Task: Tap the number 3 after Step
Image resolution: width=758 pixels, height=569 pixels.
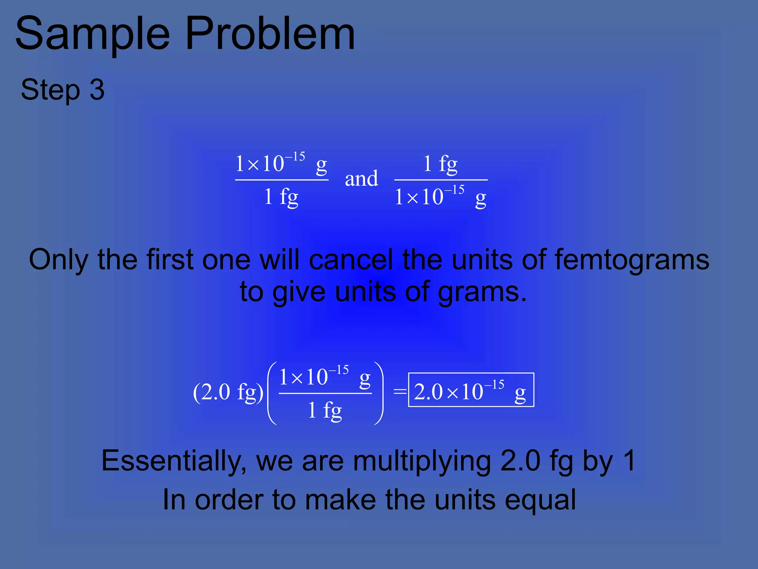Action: pyautogui.click(x=97, y=90)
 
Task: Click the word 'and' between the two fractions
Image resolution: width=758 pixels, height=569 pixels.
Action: pyautogui.click(x=361, y=179)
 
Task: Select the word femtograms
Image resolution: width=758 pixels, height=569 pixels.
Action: pyautogui.click(x=632, y=260)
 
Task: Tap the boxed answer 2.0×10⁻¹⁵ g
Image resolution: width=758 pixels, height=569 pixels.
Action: pyautogui.click(x=471, y=390)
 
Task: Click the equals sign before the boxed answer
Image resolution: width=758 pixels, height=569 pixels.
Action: pyautogui.click(x=400, y=391)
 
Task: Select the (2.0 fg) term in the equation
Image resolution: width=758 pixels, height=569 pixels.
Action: pyautogui.click(x=228, y=392)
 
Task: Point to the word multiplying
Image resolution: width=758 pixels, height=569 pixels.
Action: pyautogui.click(x=422, y=461)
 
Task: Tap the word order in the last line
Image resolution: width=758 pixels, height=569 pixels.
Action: pyautogui.click(x=227, y=500)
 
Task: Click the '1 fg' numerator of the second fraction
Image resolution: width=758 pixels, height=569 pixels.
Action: pyautogui.click(x=440, y=164)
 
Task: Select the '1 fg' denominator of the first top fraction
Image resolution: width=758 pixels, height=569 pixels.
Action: pyautogui.click(x=281, y=197)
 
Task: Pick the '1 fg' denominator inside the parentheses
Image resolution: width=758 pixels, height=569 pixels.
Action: pyautogui.click(x=325, y=410)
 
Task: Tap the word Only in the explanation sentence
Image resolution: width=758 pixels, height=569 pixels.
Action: pyautogui.click(x=58, y=260)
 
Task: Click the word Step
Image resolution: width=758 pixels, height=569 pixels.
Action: pyautogui.click(x=50, y=90)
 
